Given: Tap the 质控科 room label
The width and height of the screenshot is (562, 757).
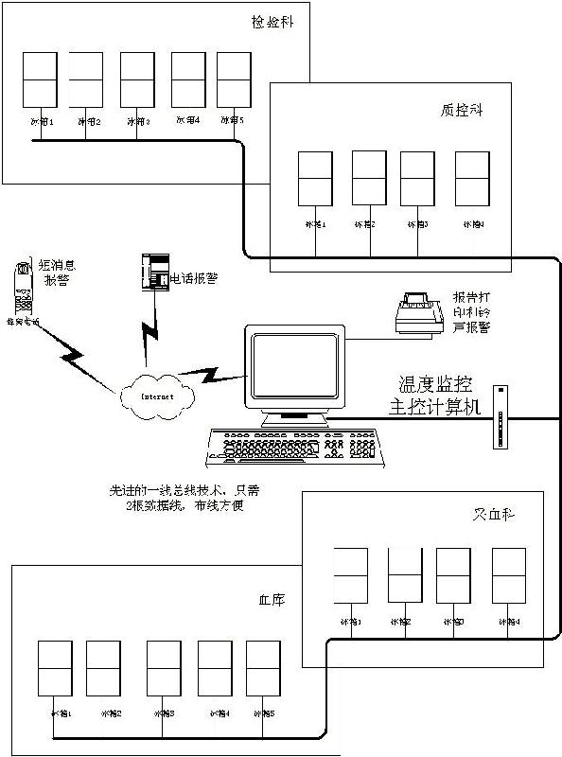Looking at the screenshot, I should [462, 109].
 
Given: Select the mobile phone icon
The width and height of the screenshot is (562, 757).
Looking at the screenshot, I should [22, 285].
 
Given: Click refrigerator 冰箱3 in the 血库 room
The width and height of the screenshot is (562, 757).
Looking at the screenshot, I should [163, 668].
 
